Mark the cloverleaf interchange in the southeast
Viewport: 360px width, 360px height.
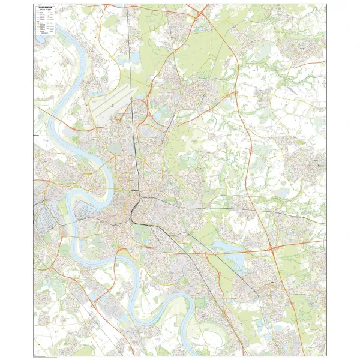(x=272, y=248)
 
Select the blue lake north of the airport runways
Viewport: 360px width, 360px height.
(x=135, y=74)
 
